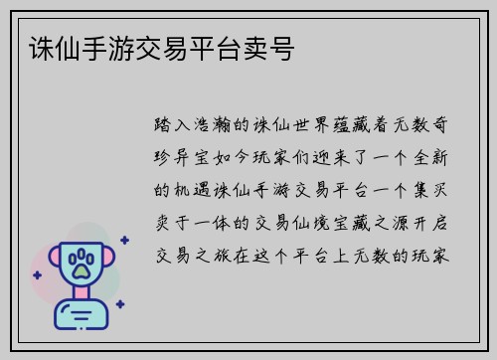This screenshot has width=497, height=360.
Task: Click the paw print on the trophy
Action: pos(81,265)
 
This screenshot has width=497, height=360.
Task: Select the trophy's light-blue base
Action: pos(81,317)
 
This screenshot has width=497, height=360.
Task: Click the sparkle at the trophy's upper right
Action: pos(123,239)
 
